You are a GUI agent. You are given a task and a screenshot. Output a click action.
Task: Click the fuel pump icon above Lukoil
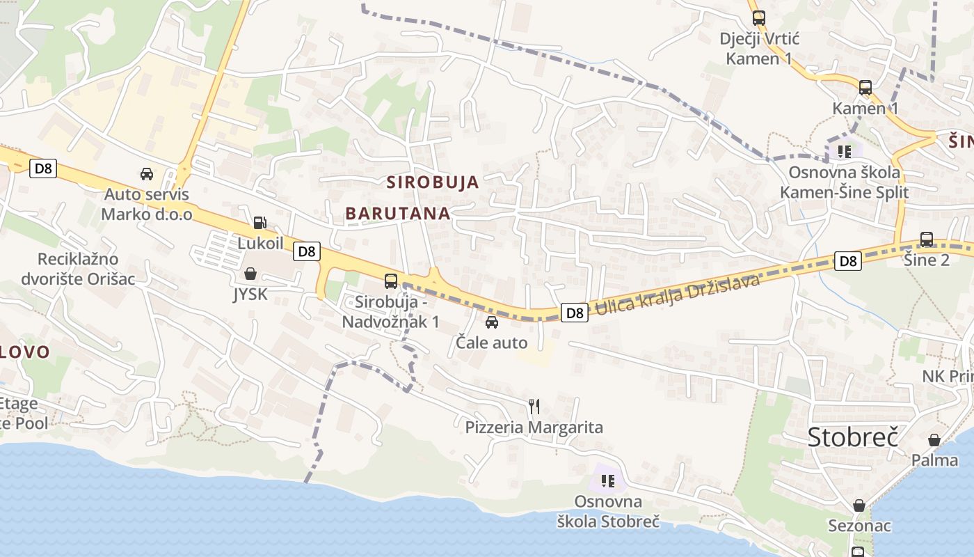pyautogui.click(x=260, y=223)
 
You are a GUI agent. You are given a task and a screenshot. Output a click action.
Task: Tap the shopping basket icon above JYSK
pyautogui.click(x=250, y=274)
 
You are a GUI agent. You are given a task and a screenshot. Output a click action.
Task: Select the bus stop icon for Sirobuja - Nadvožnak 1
pyautogui.click(x=391, y=281)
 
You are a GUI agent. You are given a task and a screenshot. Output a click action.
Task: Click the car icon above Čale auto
pyautogui.click(x=492, y=322)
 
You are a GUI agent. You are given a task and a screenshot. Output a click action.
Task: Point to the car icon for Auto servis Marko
pyautogui.click(x=147, y=173)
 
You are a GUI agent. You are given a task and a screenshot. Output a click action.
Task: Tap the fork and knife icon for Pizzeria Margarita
pyautogui.click(x=534, y=407)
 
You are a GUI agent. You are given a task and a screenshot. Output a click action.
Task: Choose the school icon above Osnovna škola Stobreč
pyautogui.click(x=608, y=480)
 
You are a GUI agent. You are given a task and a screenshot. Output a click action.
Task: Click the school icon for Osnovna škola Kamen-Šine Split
pyautogui.click(x=845, y=151)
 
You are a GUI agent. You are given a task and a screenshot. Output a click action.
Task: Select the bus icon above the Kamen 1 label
pyautogui.click(x=865, y=88)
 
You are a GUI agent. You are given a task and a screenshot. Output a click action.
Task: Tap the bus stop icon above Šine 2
pyautogui.click(x=927, y=240)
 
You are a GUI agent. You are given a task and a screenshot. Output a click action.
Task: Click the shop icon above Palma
pyautogui.click(x=934, y=440)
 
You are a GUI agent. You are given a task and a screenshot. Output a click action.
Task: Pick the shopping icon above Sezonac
pyautogui.click(x=859, y=505)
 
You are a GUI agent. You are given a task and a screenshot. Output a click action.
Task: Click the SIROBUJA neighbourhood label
pyautogui.click(x=433, y=182)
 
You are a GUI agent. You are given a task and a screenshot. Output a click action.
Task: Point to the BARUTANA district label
pyautogui.click(x=398, y=214)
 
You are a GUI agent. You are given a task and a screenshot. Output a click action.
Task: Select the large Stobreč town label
pyautogui.click(x=853, y=437)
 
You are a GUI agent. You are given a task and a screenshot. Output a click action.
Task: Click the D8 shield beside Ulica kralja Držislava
pyautogui.click(x=575, y=313)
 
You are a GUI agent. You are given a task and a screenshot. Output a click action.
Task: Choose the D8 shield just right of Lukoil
pyautogui.click(x=306, y=251)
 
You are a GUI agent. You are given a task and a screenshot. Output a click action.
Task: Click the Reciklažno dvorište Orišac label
pyautogui.click(x=77, y=269)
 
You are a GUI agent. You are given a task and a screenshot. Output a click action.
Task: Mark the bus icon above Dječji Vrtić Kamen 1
pyautogui.click(x=758, y=18)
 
